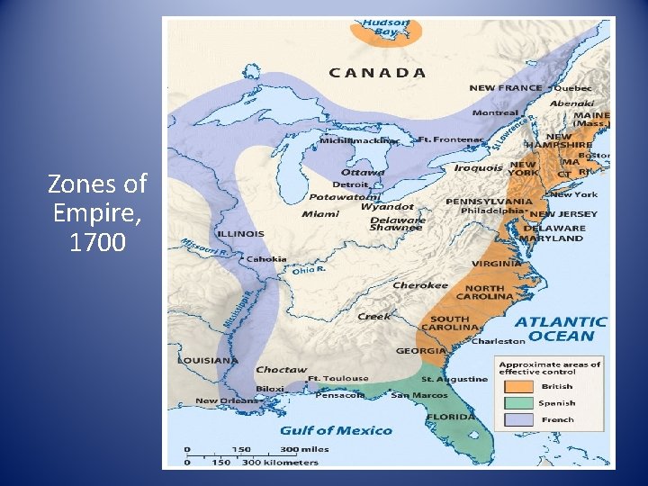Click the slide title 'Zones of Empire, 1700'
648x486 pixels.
point(96,212)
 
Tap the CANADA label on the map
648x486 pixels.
point(377,73)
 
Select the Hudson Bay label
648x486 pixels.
point(385,26)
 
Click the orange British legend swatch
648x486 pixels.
point(517,387)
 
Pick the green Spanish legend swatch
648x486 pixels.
point(517,403)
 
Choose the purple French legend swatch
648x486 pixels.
point(517,419)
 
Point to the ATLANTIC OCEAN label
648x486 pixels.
point(561,328)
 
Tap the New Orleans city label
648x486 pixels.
point(220,400)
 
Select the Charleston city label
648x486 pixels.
point(498,341)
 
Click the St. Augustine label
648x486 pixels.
point(454,379)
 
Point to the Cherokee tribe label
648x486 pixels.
point(419,285)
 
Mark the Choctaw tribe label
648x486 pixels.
point(281,369)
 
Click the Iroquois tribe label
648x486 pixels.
point(477,167)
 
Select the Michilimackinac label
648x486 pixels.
point(358,141)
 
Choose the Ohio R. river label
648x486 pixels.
point(308,269)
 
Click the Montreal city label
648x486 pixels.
point(495,113)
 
